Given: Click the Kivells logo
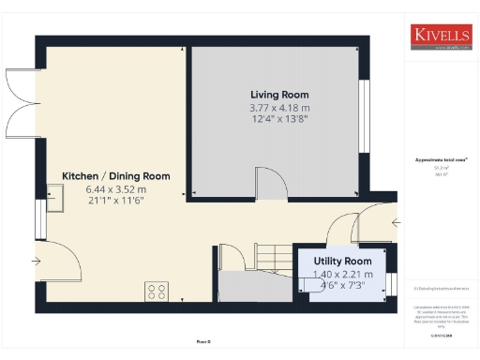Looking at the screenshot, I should click(x=440, y=37).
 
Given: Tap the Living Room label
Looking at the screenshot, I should click(x=279, y=95).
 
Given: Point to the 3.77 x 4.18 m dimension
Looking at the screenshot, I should click(x=279, y=108).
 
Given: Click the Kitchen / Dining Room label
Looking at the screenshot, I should click(x=116, y=176).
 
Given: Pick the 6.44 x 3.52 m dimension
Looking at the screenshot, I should click(x=116, y=188).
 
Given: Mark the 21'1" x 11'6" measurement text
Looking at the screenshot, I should click(x=116, y=201).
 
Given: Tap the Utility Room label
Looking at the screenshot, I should click(x=342, y=261).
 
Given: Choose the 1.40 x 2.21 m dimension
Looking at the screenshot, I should click(x=342, y=274).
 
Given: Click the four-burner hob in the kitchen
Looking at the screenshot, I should click(x=156, y=292).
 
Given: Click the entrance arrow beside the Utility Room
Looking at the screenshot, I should click(x=397, y=223).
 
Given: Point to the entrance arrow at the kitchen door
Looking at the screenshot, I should click(x=36, y=261).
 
